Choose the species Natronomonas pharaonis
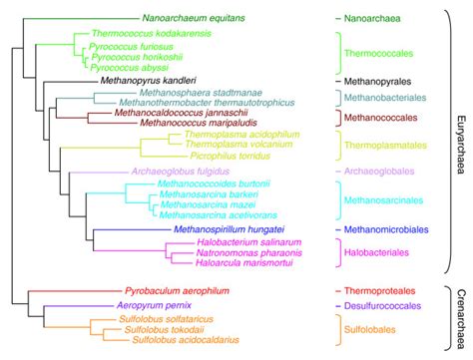pyautogui.click(x=226, y=253)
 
